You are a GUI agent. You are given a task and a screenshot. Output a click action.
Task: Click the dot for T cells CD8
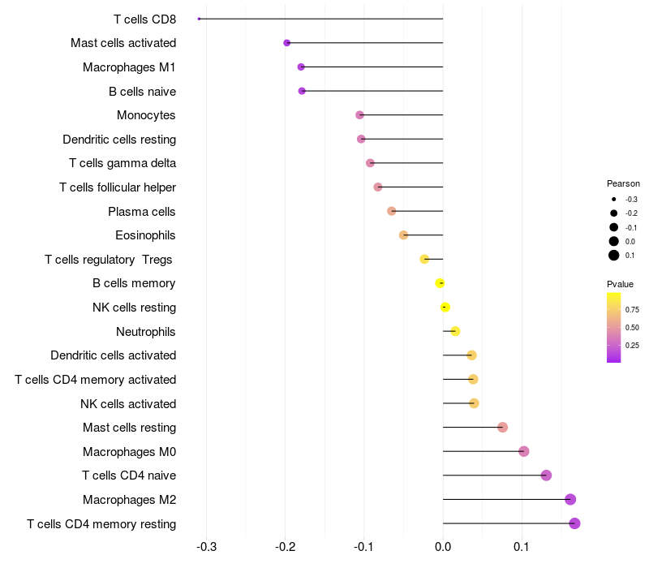click(199, 19)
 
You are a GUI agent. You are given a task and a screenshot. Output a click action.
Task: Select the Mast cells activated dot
click(287, 43)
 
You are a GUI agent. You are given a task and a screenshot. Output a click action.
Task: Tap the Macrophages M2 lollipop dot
click(570, 499)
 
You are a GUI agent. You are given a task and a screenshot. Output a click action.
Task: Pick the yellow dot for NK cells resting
click(445, 308)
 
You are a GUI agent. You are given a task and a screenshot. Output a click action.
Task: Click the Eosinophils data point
click(403, 235)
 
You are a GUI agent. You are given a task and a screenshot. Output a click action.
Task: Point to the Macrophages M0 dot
click(523, 451)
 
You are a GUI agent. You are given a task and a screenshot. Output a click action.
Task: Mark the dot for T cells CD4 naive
click(546, 475)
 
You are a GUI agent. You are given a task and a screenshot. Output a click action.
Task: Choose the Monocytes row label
click(146, 115)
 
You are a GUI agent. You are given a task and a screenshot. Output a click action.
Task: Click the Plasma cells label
click(141, 212)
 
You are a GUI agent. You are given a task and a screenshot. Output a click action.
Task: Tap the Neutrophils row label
click(146, 332)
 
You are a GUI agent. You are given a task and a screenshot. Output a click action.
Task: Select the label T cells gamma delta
click(122, 164)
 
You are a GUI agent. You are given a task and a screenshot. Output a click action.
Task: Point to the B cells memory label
click(134, 283)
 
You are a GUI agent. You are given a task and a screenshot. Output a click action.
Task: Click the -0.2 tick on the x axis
click(286, 547)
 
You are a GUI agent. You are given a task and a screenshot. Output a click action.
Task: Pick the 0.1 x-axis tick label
click(522, 547)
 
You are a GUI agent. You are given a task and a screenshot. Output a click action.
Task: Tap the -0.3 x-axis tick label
click(206, 547)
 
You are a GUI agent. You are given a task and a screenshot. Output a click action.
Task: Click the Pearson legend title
click(623, 183)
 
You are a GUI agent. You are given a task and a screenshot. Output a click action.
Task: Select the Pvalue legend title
click(620, 284)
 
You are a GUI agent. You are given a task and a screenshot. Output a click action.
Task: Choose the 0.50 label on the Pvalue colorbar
click(632, 328)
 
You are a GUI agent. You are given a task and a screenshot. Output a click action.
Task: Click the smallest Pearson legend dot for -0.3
click(614, 199)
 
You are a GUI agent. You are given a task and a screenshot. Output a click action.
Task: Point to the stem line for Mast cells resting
click(473, 428)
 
